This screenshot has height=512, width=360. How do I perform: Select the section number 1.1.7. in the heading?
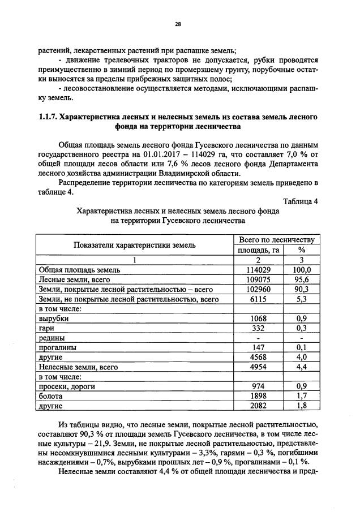(48, 117)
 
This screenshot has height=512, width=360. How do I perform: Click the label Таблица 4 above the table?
(299, 202)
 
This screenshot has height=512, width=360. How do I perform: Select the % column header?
(302, 250)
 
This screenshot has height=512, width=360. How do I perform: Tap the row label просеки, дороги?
(66, 388)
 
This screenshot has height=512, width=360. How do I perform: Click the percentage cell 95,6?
(302, 279)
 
